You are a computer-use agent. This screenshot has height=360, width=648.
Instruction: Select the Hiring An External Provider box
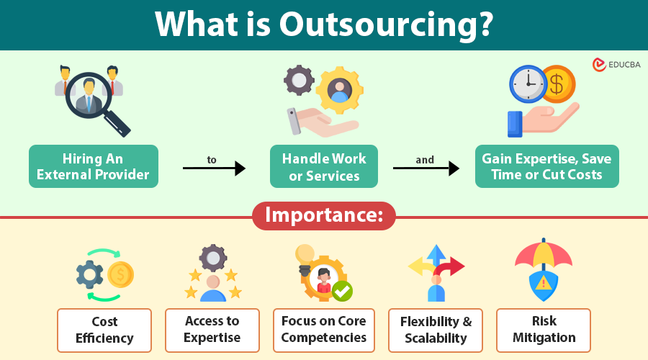tap(94, 166)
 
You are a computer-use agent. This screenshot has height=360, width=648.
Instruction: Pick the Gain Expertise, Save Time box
tap(546, 166)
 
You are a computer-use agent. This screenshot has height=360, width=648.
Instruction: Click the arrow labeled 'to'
tap(214, 168)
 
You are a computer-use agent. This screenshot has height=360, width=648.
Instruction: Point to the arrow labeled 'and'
tap(426, 168)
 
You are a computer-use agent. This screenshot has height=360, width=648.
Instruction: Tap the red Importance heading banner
tap(323, 215)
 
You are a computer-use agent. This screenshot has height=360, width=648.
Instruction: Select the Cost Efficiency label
tap(104, 330)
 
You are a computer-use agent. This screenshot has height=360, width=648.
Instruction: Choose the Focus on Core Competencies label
tap(323, 330)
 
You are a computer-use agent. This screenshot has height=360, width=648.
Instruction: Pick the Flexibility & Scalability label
tap(435, 330)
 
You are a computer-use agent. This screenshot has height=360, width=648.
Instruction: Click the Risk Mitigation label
tap(544, 330)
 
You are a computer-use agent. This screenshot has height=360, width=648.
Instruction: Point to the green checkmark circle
tap(342, 291)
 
